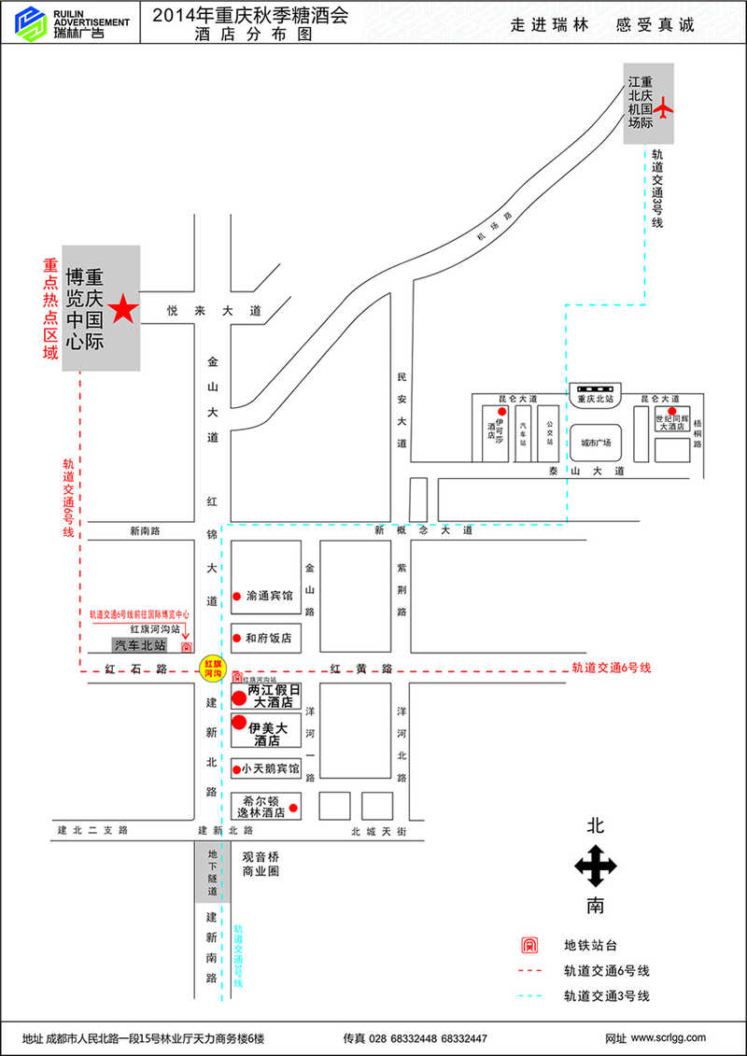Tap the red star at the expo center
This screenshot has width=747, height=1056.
point(122,308)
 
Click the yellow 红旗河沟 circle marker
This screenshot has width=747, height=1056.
point(213,667)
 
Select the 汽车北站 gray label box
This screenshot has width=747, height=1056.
point(140,645)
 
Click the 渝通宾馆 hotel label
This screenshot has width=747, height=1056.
point(270,595)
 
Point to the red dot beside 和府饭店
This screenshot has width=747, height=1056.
point(238,639)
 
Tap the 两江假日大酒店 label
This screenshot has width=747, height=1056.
point(274,696)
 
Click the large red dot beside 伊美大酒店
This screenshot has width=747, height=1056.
point(239,723)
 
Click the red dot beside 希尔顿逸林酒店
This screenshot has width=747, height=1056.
point(293,808)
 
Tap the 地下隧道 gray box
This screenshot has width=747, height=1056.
point(212,871)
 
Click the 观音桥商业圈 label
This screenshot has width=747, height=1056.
point(261,864)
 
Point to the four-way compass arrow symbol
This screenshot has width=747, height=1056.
point(595,866)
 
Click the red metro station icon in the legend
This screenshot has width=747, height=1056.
point(530,945)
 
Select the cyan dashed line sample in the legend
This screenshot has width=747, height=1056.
point(530,996)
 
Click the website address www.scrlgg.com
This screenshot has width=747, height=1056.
point(669,1037)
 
